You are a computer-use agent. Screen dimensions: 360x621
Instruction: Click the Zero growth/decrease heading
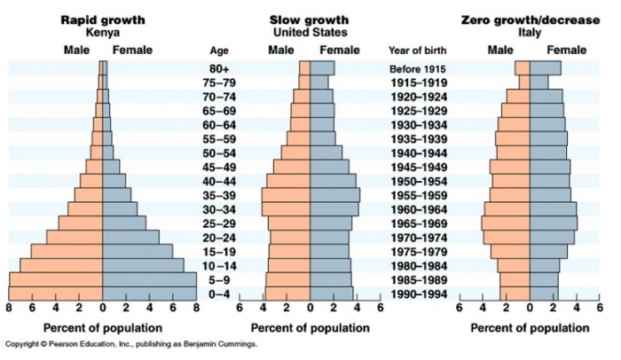point(530,19)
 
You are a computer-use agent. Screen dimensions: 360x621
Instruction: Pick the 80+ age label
point(218,68)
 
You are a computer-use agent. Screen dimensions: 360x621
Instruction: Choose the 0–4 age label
point(218,293)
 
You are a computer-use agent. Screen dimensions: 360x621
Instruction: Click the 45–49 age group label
point(218,167)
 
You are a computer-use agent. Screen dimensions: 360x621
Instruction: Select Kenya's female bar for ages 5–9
point(149,279)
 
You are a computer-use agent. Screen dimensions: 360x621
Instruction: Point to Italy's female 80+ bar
point(545,68)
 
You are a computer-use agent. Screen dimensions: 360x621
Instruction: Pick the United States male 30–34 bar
point(286,209)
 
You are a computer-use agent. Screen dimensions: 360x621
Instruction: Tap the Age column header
point(218,50)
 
